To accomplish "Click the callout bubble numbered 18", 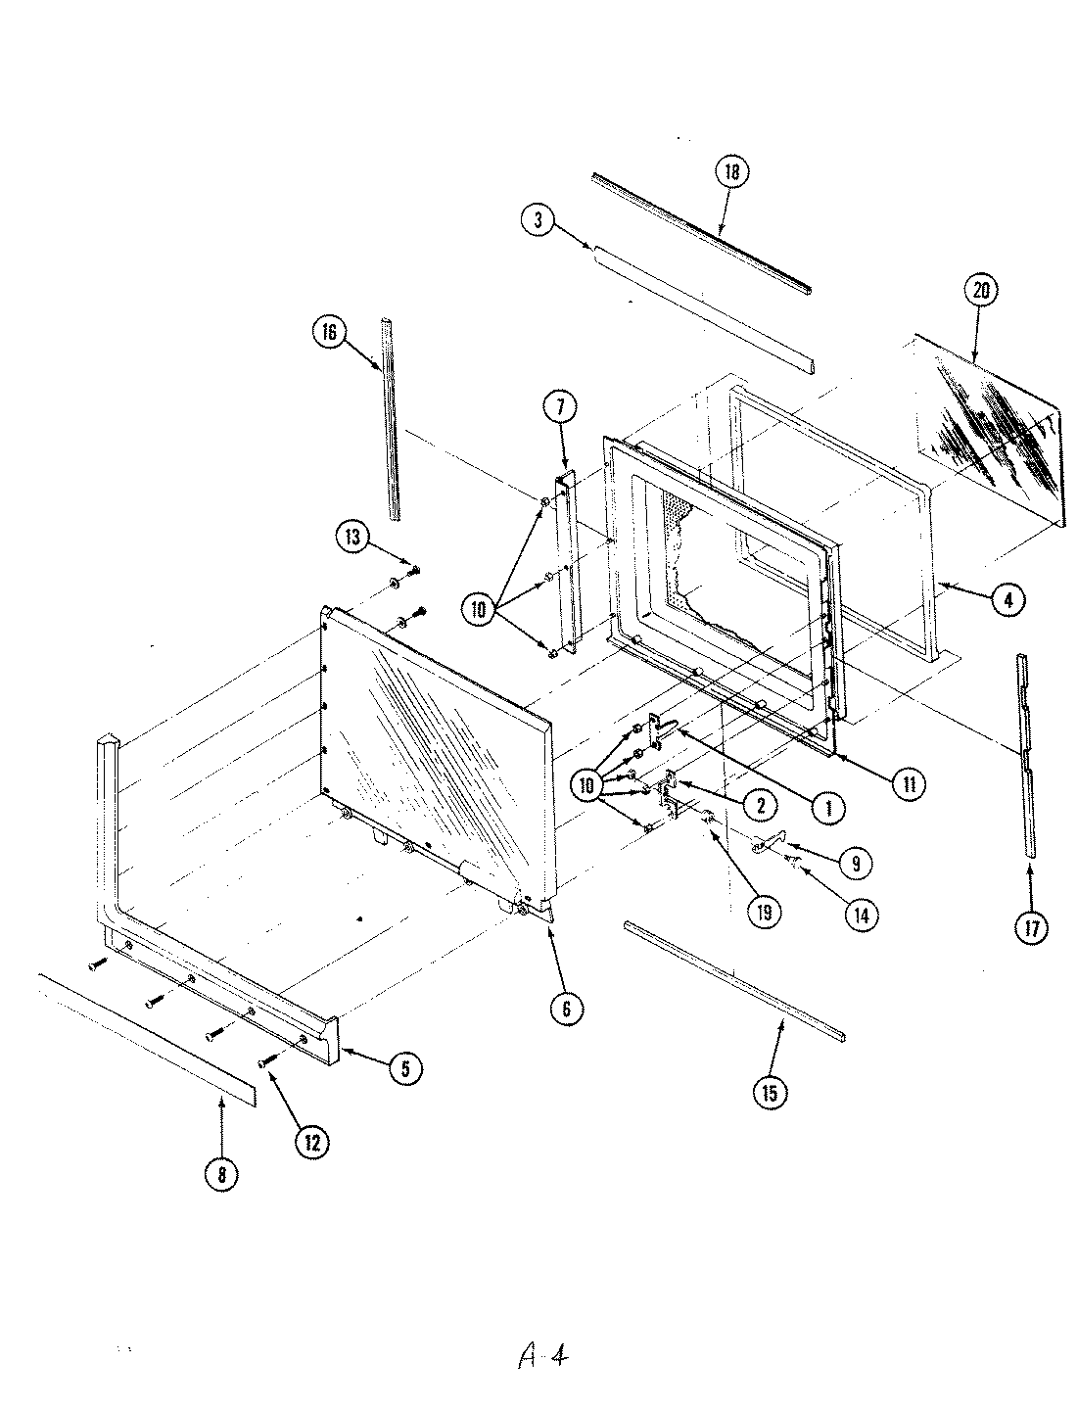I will tap(731, 172).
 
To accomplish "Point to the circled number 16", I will tap(328, 333).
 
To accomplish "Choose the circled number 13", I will tap(353, 537).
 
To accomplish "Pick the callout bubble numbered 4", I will tap(1008, 598).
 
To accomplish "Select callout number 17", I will tap(1031, 926).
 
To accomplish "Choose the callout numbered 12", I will tap(312, 1142).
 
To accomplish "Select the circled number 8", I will tap(222, 1175).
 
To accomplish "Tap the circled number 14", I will tap(862, 916).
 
